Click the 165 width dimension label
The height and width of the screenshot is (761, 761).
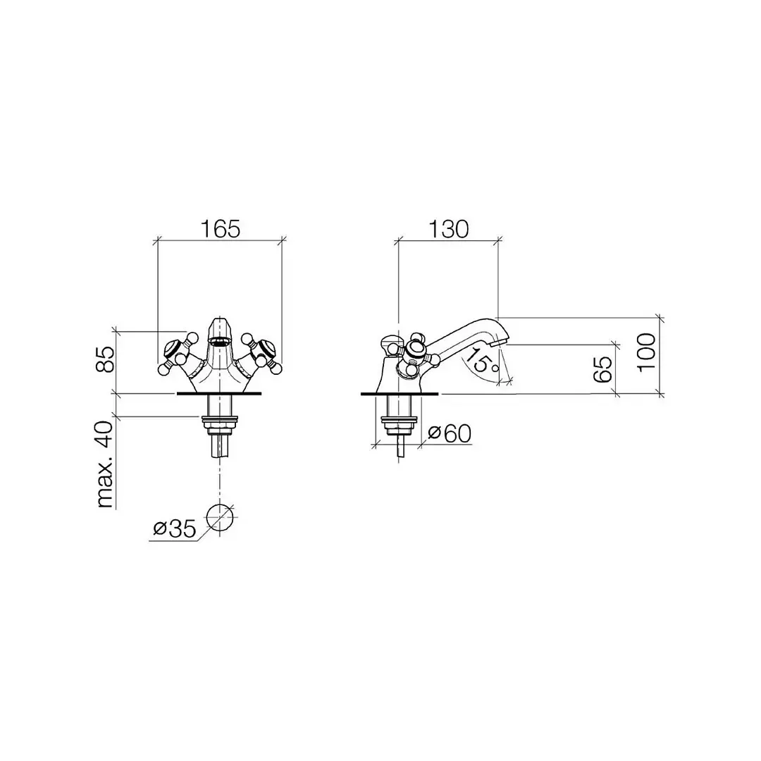point(221,229)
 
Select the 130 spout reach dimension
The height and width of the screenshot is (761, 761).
point(448,229)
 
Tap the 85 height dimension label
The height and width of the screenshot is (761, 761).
point(106,359)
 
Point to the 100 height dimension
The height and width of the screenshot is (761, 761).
point(646,353)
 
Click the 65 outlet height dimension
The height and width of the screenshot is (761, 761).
point(602,369)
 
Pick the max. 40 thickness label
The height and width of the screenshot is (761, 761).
point(105,464)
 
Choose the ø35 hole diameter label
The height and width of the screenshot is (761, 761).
point(175,528)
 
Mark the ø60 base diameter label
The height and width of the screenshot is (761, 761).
point(450,433)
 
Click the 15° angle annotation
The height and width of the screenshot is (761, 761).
point(481,361)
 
